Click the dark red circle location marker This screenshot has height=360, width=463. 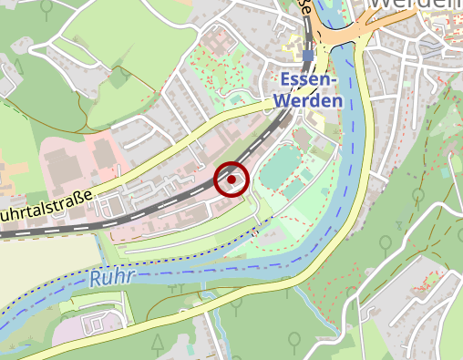231,180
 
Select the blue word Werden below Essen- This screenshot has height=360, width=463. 311,100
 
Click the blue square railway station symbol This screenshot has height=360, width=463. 308,56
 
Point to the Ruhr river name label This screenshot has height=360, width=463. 112,276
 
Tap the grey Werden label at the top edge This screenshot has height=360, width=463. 415,6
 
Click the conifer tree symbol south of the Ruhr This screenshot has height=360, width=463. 158,343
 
